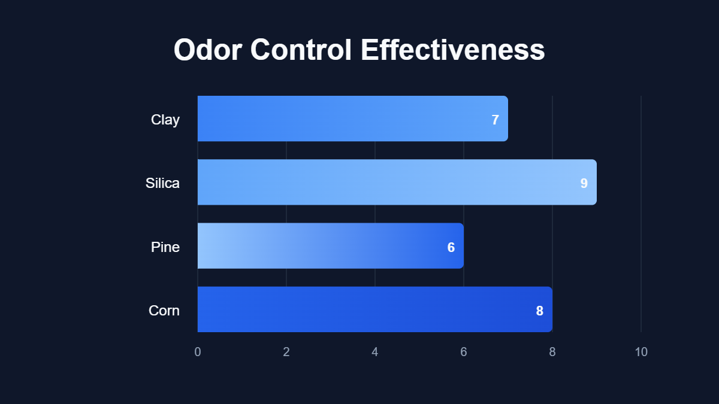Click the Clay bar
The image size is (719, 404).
click(x=352, y=119)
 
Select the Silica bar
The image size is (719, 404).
click(x=397, y=182)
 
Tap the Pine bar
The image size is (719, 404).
click(x=330, y=246)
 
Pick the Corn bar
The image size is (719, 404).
click(x=374, y=309)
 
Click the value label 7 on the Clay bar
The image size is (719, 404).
click(x=495, y=120)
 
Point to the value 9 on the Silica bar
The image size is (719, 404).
click(x=584, y=183)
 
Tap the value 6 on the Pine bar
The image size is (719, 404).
click(x=451, y=247)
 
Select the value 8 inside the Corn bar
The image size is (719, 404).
click(x=539, y=311)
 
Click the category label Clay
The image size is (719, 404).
click(x=165, y=120)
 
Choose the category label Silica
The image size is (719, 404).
click(x=162, y=183)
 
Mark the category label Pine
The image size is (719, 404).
click(x=165, y=247)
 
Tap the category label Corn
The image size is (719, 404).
click(x=164, y=311)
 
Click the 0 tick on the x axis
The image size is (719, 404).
click(x=198, y=352)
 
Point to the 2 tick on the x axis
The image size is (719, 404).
click(x=286, y=352)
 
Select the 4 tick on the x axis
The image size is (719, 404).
click(x=375, y=352)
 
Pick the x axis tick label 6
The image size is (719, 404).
click(x=464, y=352)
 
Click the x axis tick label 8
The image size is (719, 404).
click(x=552, y=352)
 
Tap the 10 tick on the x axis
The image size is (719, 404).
click(x=641, y=352)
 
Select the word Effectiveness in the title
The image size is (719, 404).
click(x=453, y=50)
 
